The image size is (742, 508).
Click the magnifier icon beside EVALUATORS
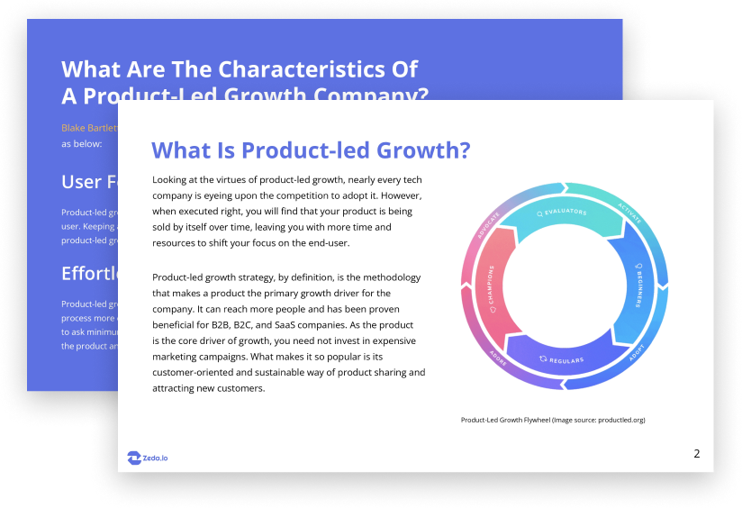point(539,213)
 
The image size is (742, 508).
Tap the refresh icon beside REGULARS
point(542,358)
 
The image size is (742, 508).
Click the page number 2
point(696,453)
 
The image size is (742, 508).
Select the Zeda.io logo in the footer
point(148,458)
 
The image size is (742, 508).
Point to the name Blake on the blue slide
point(75,128)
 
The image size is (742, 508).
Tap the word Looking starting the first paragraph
point(172,179)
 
